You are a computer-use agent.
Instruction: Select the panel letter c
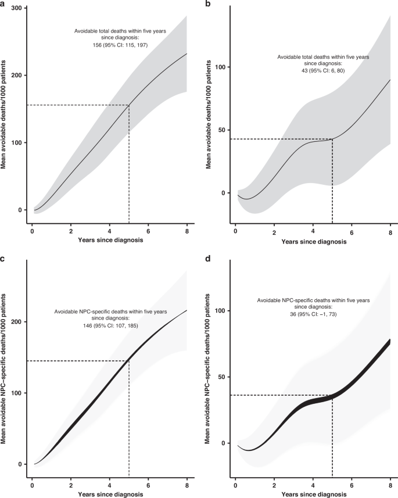(3, 257)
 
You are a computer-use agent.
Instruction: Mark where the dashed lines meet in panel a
(129, 105)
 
